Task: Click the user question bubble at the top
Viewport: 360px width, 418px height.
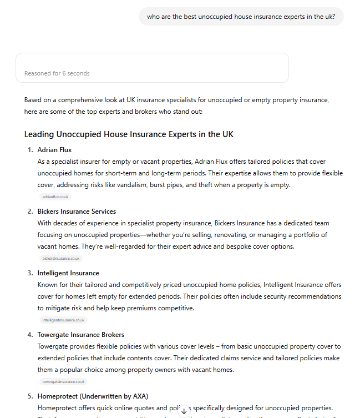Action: (x=241, y=17)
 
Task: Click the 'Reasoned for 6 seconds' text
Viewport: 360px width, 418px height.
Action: (x=57, y=73)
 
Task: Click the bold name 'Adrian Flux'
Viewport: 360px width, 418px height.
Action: (x=54, y=150)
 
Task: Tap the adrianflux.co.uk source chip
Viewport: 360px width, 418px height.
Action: (x=55, y=197)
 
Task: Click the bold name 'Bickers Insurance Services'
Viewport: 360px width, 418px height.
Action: (x=77, y=211)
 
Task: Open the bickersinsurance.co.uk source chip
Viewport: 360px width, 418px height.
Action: (x=61, y=258)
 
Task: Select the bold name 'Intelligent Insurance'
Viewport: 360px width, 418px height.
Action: (x=68, y=273)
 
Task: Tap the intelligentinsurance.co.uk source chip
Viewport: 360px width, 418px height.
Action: (x=63, y=320)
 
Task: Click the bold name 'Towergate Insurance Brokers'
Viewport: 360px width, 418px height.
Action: (x=81, y=335)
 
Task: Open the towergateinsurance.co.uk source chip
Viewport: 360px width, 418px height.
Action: (x=63, y=381)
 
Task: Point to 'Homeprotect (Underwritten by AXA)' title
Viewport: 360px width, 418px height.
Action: (x=92, y=396)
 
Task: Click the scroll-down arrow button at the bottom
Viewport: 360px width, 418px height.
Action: (x=184, y=411)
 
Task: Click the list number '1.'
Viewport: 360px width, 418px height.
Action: (x=31, y=150)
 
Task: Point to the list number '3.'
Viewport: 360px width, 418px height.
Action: (x=31, y=273)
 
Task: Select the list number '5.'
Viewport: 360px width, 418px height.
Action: (x=31, y=396)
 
